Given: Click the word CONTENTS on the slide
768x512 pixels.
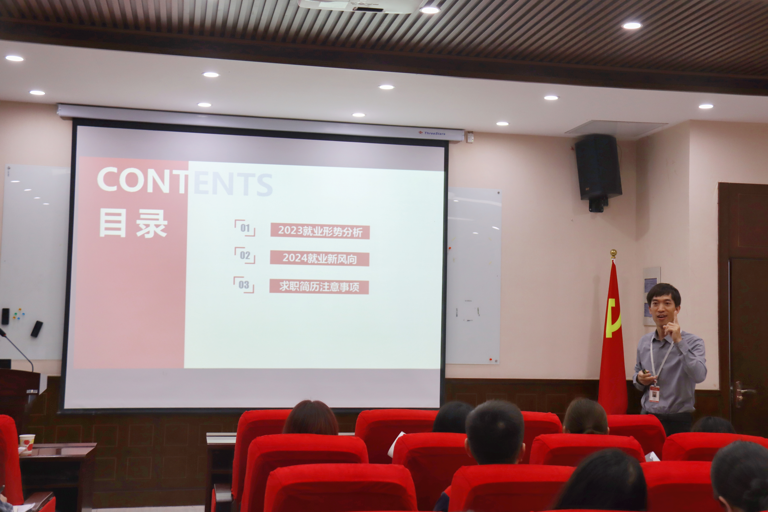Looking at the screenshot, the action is point(185,181).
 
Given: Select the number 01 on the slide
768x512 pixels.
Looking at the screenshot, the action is point(245,228).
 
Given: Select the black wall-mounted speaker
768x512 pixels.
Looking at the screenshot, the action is point(598,168).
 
